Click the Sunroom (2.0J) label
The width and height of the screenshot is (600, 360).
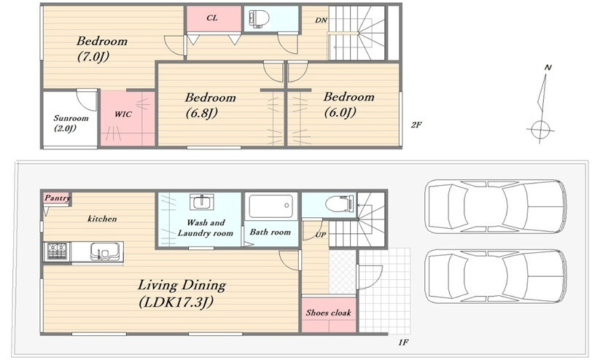coord(71,123)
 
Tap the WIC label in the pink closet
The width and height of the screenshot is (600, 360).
coord(123,114)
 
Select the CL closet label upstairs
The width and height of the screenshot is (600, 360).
coord(211,17)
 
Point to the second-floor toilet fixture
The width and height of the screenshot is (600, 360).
coord(259,18)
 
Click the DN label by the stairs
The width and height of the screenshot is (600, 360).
coord(321,20)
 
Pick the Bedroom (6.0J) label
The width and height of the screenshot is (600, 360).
coord(348,104)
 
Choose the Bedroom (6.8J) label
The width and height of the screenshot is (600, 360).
coord(210,105)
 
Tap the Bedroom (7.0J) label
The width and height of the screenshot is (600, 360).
coord(102,48)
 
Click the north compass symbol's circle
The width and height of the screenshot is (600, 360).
coord(540,130)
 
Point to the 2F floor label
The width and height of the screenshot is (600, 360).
coord(416,125)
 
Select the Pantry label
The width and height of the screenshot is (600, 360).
coord(57,197)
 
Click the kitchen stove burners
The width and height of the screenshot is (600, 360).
coord(58,251)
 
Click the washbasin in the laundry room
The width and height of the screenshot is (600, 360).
coord(202,202)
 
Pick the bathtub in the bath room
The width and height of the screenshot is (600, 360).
coord(271,206)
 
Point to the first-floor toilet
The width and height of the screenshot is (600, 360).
coord(340,203)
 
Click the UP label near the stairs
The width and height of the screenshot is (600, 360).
coord(321,235)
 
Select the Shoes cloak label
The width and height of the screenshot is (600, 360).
coord(328,313)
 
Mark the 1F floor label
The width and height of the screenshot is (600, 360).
coord(403,343)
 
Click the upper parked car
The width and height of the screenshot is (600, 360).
coord(496,206)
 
